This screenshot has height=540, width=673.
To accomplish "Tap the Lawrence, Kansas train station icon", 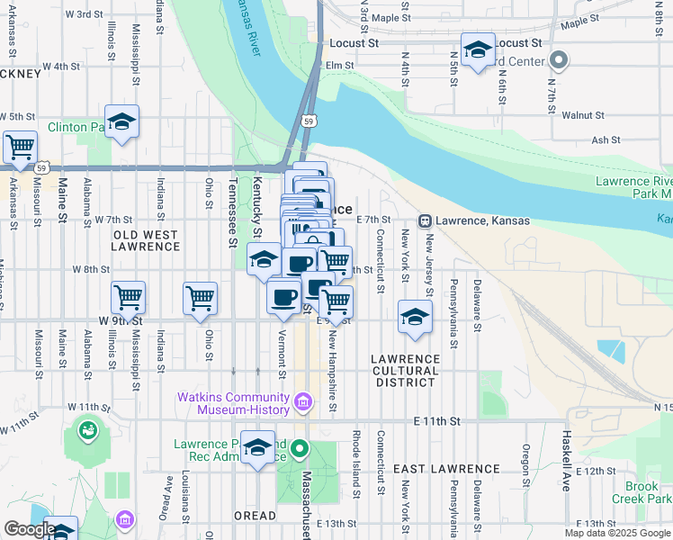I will pyautogui.click(x=424, y=220).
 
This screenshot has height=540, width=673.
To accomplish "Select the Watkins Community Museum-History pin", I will pyautogui.click(x=303, y=400).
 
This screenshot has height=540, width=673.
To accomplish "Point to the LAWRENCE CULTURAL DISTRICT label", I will pyautogui.click(x=406, y=370).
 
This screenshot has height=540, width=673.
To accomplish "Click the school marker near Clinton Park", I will pyautogui.click(x=121, y=122).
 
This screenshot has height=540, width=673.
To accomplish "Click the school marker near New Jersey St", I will pyautogui.click(x=415, y=317).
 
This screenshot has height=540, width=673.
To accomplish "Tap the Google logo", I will pyautogui.click(x=29, y=530).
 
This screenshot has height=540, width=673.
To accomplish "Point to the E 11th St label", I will pyautogui.click(x=437, y=421).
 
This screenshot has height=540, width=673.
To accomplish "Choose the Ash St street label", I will pyautogui.click(x=606, y=139).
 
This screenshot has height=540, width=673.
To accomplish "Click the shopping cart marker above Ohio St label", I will pyautogui.click(x=200, y=298).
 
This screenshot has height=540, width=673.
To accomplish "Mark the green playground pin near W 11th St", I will pyautogui.click(x=88, y=430).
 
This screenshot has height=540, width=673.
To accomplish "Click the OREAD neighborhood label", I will pyautogui.click(x=256, y=516).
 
